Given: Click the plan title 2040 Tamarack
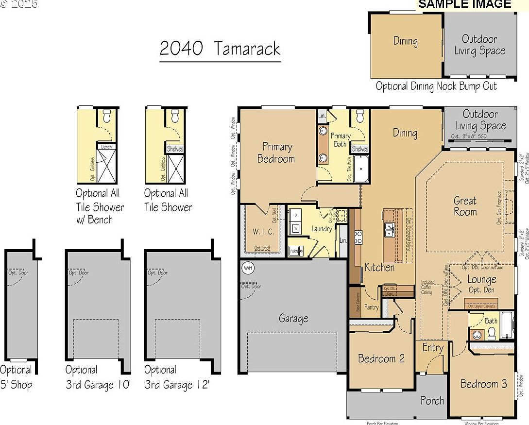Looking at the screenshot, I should pyautogui.click(x=220, y=49).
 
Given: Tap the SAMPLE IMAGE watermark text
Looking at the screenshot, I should pyautogui.click(x=464, y=4).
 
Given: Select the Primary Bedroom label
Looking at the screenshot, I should pyautogui.click(x=276, y=153).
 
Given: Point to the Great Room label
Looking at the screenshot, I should pyautogui.click(x=465, y=206).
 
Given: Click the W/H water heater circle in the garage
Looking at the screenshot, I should pyautogui.click(x=248, y=268).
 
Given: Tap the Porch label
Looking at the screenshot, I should pyautogui.click(x=432, y=400).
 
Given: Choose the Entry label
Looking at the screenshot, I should pyautogui.click(x=432, y=348).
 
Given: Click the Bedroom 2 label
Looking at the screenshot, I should pyautogui.click(x=381, y=359).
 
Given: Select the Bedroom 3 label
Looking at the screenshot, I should pyautogui.click(x=483, y=384).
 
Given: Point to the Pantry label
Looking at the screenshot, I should pyautogui.click(x=372, y=307).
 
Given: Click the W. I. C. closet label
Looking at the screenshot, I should pyautogui.click(x=263, y=232).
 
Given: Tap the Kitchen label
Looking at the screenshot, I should pyautogui.click(x=379, y=267).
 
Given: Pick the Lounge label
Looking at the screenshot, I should pyautogui.click(x=481, y=280).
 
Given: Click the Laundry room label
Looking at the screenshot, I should pyautogui.click(x=322, y=229).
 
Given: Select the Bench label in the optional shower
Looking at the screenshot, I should pyautogui.click(x=106, y=147).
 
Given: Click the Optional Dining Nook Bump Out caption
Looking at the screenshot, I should pyautogui.click(x=436, y=86).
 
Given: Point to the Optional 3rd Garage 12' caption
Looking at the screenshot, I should pyautogui.click(x=176, y=378).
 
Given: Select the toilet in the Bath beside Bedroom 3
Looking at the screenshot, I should pyautogui.click(x=491, y=333).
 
